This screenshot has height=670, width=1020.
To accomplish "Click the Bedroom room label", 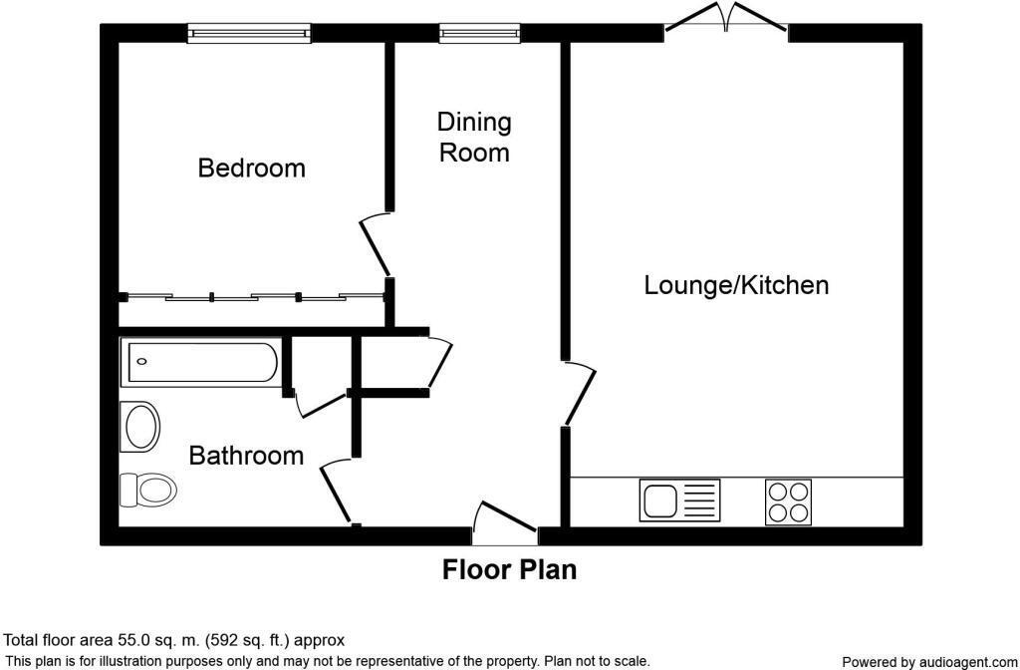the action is click(x=251, y=167).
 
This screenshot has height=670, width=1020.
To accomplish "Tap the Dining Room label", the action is click(x=474, y=138).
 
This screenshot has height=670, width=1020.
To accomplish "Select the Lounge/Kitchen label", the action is click(x=736, y=286).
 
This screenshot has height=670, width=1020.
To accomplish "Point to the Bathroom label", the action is click(x=246, y=455).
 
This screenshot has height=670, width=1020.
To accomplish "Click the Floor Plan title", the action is click(x=509, y=569).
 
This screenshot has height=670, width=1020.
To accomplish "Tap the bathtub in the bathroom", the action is click(x=201, y=362).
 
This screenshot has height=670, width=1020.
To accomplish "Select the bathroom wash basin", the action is click(x=140, y=427).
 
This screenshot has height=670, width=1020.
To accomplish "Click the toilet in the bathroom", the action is click(x=149, y=490).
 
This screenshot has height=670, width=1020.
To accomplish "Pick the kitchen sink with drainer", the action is click(x=679, y=501).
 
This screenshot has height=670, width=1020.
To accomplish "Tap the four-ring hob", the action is click(x=789, y=502).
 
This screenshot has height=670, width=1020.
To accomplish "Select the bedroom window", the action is click(x=249, y=33).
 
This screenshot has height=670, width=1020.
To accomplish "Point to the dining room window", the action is click(x=479, y=33).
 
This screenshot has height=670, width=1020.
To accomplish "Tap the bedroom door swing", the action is click(x=375, y=246).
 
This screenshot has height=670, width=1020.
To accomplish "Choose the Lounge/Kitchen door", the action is click(x=579, y=393).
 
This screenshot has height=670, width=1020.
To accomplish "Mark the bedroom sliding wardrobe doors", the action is click(x=255, y=297).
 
